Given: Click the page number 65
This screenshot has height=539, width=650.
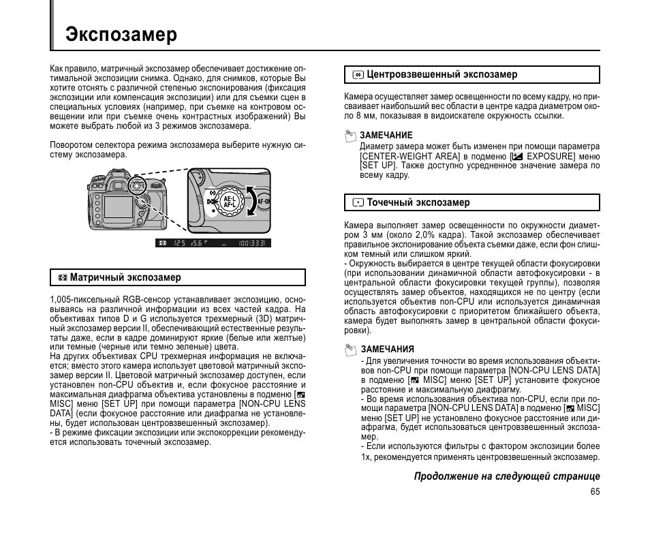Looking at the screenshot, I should coord(595,491).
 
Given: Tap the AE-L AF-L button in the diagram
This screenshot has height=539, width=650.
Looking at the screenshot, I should coord(229,202).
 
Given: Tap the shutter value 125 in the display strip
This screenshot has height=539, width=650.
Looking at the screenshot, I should coord(179,243).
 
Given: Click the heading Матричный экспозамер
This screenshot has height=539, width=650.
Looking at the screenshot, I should coord(125,277).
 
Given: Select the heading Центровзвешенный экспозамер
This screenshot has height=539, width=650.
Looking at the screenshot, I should coord(442,74).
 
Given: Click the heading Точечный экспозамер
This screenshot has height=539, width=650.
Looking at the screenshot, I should coord(418,202).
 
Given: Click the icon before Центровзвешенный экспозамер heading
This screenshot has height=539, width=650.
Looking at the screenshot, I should coord(358,74).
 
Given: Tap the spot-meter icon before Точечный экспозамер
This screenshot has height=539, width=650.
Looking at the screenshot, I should coord(358,202).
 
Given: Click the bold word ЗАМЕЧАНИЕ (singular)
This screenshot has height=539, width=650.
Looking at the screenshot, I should coord(386,135).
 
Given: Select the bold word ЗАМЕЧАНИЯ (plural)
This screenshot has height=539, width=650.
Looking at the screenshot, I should coord(386,349).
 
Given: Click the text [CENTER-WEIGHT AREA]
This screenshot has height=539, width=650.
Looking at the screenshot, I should coord(409,156).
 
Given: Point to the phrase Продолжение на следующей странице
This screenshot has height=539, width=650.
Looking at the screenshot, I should coord(507,476).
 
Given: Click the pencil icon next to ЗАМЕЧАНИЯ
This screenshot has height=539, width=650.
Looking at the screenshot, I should coord(350,350).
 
